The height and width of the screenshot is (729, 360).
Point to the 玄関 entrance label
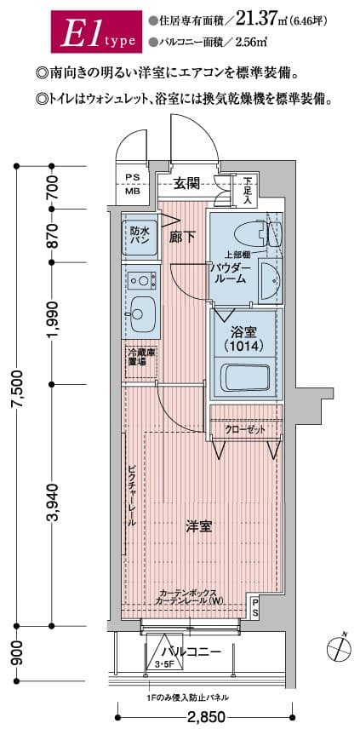(186, 182)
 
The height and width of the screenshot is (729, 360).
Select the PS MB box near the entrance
(134, 184)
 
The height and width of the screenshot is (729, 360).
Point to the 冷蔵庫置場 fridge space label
(136, 357)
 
